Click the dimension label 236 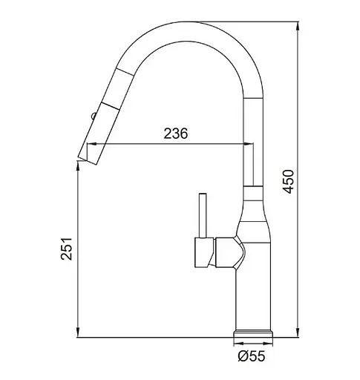click(176, 134)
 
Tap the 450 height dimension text click(289, 181)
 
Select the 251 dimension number click(66, 249)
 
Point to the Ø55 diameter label click(252, 356)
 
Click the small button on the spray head click(94, 116)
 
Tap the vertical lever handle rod click(203, 215)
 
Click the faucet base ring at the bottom click(253, 333)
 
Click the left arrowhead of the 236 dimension click(91, 143)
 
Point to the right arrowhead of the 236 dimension click(249, 143)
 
